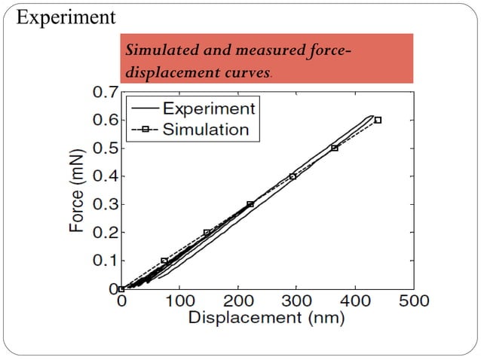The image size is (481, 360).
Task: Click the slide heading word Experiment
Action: tap(66, 17)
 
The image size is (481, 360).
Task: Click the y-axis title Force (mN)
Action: tap(77, 189)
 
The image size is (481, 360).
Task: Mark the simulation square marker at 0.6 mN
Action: tap(378, 120)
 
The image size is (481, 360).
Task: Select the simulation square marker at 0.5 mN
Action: tap(335, 148)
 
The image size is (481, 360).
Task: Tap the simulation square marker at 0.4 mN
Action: tap(293, 176)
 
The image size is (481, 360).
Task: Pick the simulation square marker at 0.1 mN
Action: tap(164, 261)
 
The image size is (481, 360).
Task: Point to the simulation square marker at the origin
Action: tap(121, 288)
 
